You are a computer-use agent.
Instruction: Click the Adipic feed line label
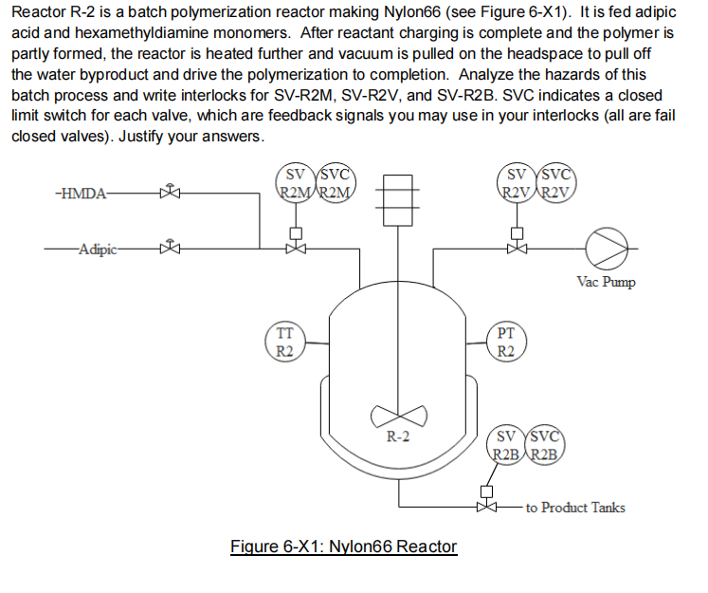98,250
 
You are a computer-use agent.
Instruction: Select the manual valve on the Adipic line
171,250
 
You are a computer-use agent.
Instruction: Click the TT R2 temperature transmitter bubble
283,343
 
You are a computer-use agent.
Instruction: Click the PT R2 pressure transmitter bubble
505,343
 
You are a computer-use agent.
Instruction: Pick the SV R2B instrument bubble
506,446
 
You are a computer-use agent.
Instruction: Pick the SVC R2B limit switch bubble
546,446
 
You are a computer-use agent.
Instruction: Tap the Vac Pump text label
606,282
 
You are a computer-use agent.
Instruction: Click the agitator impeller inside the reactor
397,415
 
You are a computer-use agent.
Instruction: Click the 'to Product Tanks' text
575,508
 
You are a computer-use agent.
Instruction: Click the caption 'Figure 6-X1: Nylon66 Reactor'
344,547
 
